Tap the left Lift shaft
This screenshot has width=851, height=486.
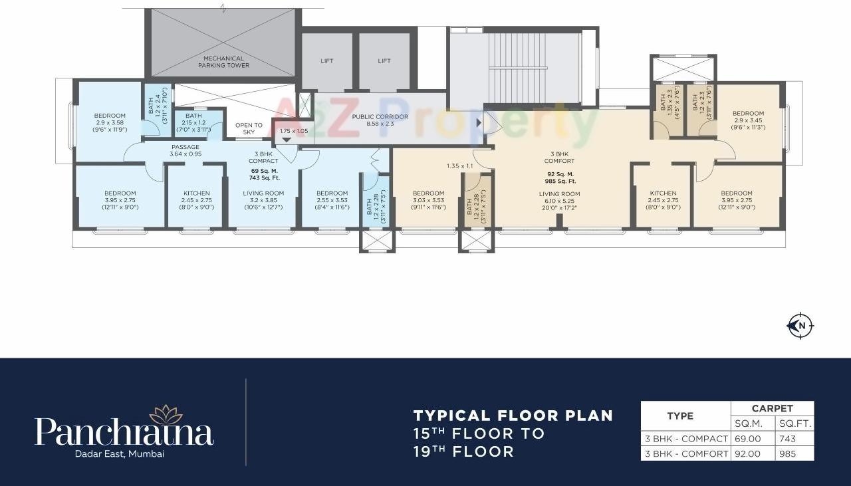coord(326,61)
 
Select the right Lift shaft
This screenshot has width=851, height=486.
coord(384,61)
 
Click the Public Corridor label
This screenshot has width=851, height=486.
coord(380,120)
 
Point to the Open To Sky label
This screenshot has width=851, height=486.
coord(249,128)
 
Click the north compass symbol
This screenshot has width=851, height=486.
coord(800,326)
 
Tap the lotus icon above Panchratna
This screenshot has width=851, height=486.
coord(166,414)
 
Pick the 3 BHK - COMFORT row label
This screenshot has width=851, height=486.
coord(685,453)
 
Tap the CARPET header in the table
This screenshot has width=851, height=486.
coord(772,409)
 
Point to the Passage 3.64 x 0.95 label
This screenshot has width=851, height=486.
coord(185,150)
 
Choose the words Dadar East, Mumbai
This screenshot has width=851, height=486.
coord(124,454)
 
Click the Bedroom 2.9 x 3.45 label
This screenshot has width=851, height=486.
coord(748,120)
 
